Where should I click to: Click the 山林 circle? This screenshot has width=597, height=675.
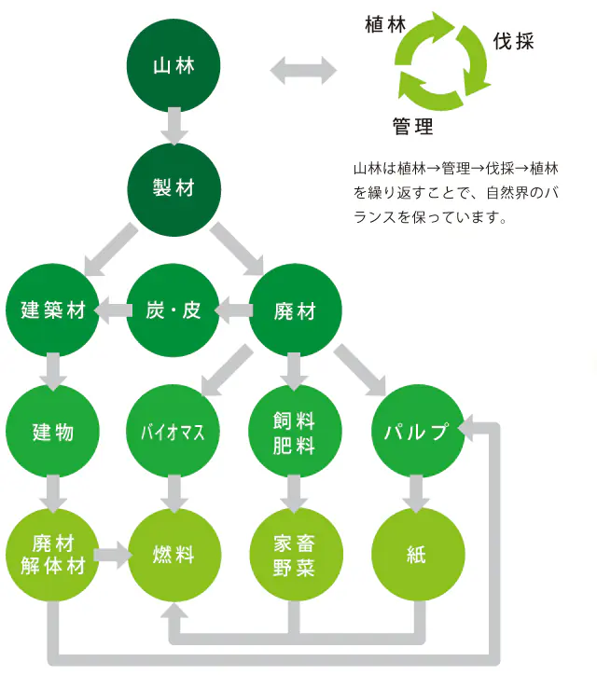click(x=174, y=66)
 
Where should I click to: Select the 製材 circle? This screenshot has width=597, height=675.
click(x=174, y=189)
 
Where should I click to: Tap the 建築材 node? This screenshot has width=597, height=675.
click(x=52, y=310)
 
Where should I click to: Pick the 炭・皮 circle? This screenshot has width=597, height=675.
click(x=174, y=310)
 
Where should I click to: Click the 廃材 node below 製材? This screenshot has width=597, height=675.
click(x=295, y=310)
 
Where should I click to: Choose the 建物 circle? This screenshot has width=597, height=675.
click(x=52, y=432)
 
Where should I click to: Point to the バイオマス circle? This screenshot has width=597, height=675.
click(x=174, y=432)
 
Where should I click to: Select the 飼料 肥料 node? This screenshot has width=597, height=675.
click(x=295, y=432)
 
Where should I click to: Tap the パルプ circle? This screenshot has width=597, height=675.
click(x=418, y=432)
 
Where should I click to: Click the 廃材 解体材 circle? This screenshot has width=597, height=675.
click(x=52, y=555)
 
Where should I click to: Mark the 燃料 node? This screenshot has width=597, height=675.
click(x=174, y=555)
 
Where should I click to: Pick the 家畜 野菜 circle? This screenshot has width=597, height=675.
click(x=296, y=555)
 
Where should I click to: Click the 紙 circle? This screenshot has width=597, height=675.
click(x=418, y=555)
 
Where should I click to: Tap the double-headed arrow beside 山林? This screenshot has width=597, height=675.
click(x=303, y=70)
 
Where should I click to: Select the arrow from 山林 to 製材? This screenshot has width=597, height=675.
click(x=174, y=126)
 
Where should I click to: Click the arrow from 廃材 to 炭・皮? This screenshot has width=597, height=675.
click(x=234, y=310)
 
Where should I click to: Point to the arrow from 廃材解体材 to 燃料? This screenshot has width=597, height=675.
click(x=113, y=555)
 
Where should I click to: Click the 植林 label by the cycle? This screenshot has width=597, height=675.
click(x=385, y=24)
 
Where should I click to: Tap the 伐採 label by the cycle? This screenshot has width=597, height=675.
click(x=513, y=42)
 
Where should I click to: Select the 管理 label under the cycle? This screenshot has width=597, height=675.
click(x=412, y=127)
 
